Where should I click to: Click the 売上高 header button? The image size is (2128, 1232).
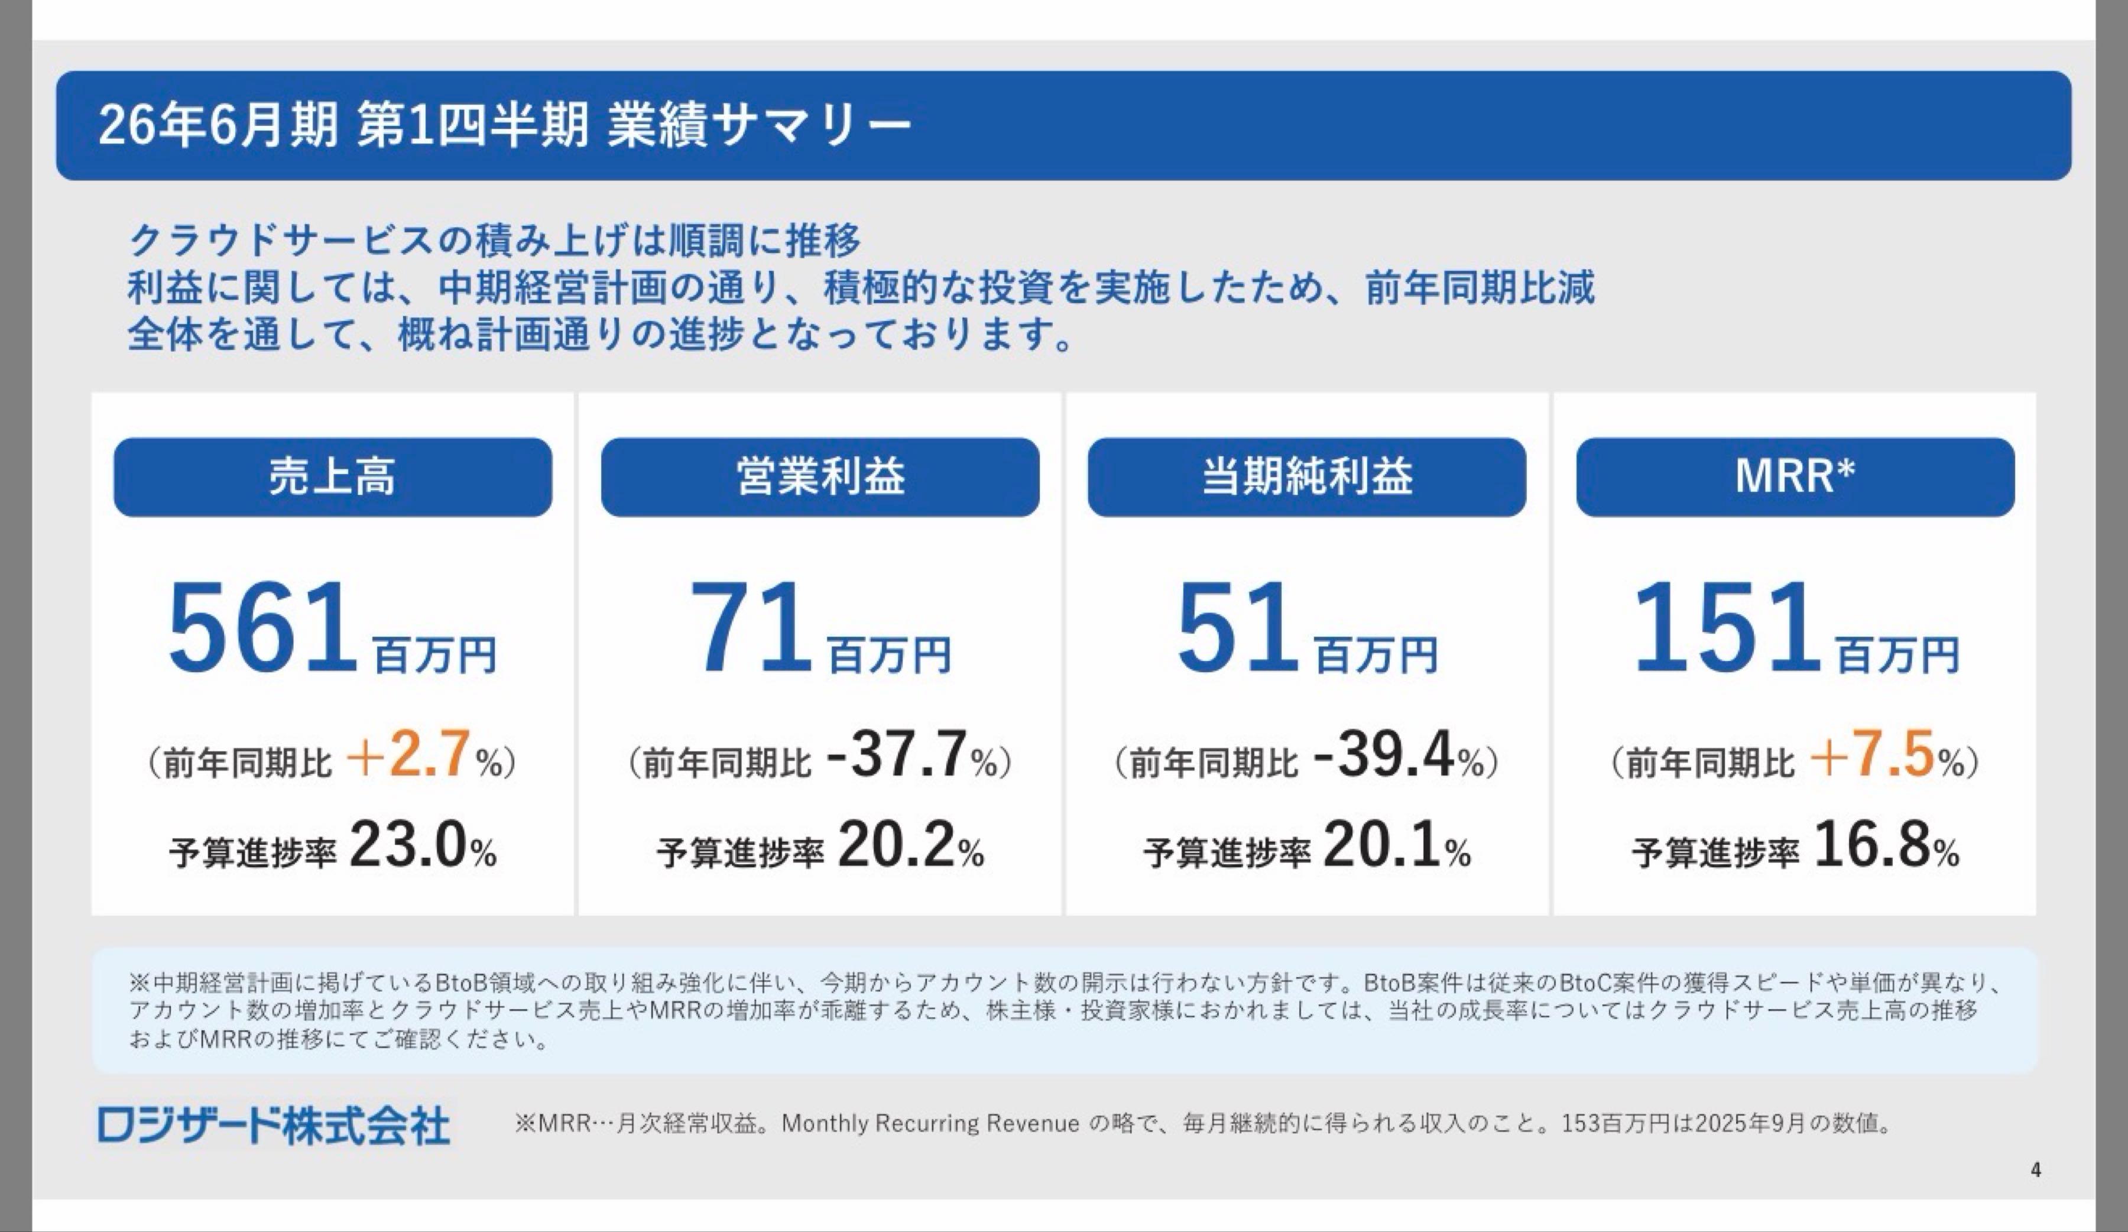(x=333, y=476)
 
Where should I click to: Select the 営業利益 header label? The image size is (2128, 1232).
(x=820, y=476)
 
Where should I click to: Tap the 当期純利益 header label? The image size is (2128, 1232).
(x=1306, y=476)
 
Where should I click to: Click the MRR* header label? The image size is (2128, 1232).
(x=1795, y=476)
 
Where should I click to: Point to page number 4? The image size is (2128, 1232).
(x=2035, y=1169)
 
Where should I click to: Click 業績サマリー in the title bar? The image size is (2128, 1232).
(x=758, y=125)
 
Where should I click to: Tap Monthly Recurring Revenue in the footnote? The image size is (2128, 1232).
(x=930, y=1124)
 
